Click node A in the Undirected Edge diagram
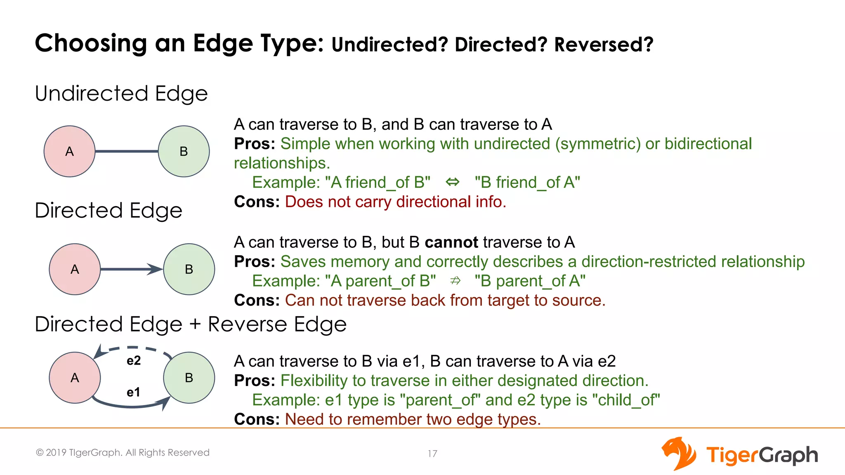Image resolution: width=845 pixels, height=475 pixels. (69, 151)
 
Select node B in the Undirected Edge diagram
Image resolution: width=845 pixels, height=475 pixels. (184, 151)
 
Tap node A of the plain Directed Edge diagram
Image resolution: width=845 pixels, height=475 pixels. (75, 269)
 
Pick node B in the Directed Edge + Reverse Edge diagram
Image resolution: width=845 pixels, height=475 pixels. (189, 378)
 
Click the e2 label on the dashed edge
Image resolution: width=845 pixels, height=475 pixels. (134, 361)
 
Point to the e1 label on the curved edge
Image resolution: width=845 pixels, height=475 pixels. (133, 392)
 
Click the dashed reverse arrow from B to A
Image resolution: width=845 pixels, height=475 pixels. (136, 349)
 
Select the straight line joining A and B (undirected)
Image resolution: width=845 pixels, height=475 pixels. (127, 151)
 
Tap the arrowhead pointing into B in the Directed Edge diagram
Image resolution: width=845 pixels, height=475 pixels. (156, 269)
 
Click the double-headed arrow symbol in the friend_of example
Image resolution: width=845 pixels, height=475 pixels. (453, 182)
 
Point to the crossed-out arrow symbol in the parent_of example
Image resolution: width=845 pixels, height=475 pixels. (455, 281)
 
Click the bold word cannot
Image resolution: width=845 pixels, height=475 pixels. (451, 242)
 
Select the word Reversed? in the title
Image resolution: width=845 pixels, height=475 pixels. (604, 45)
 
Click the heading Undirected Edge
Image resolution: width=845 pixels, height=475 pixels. (121, 93)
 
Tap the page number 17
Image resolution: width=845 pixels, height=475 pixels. (432, 454)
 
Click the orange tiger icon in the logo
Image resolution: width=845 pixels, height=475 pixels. (678, 453)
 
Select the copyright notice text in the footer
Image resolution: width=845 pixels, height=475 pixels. (123, 452)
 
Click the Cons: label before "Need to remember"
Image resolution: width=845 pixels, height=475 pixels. (257, 419)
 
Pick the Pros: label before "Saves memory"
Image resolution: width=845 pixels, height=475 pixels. (255, 262)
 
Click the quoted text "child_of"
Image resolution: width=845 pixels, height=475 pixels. (626, 400)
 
